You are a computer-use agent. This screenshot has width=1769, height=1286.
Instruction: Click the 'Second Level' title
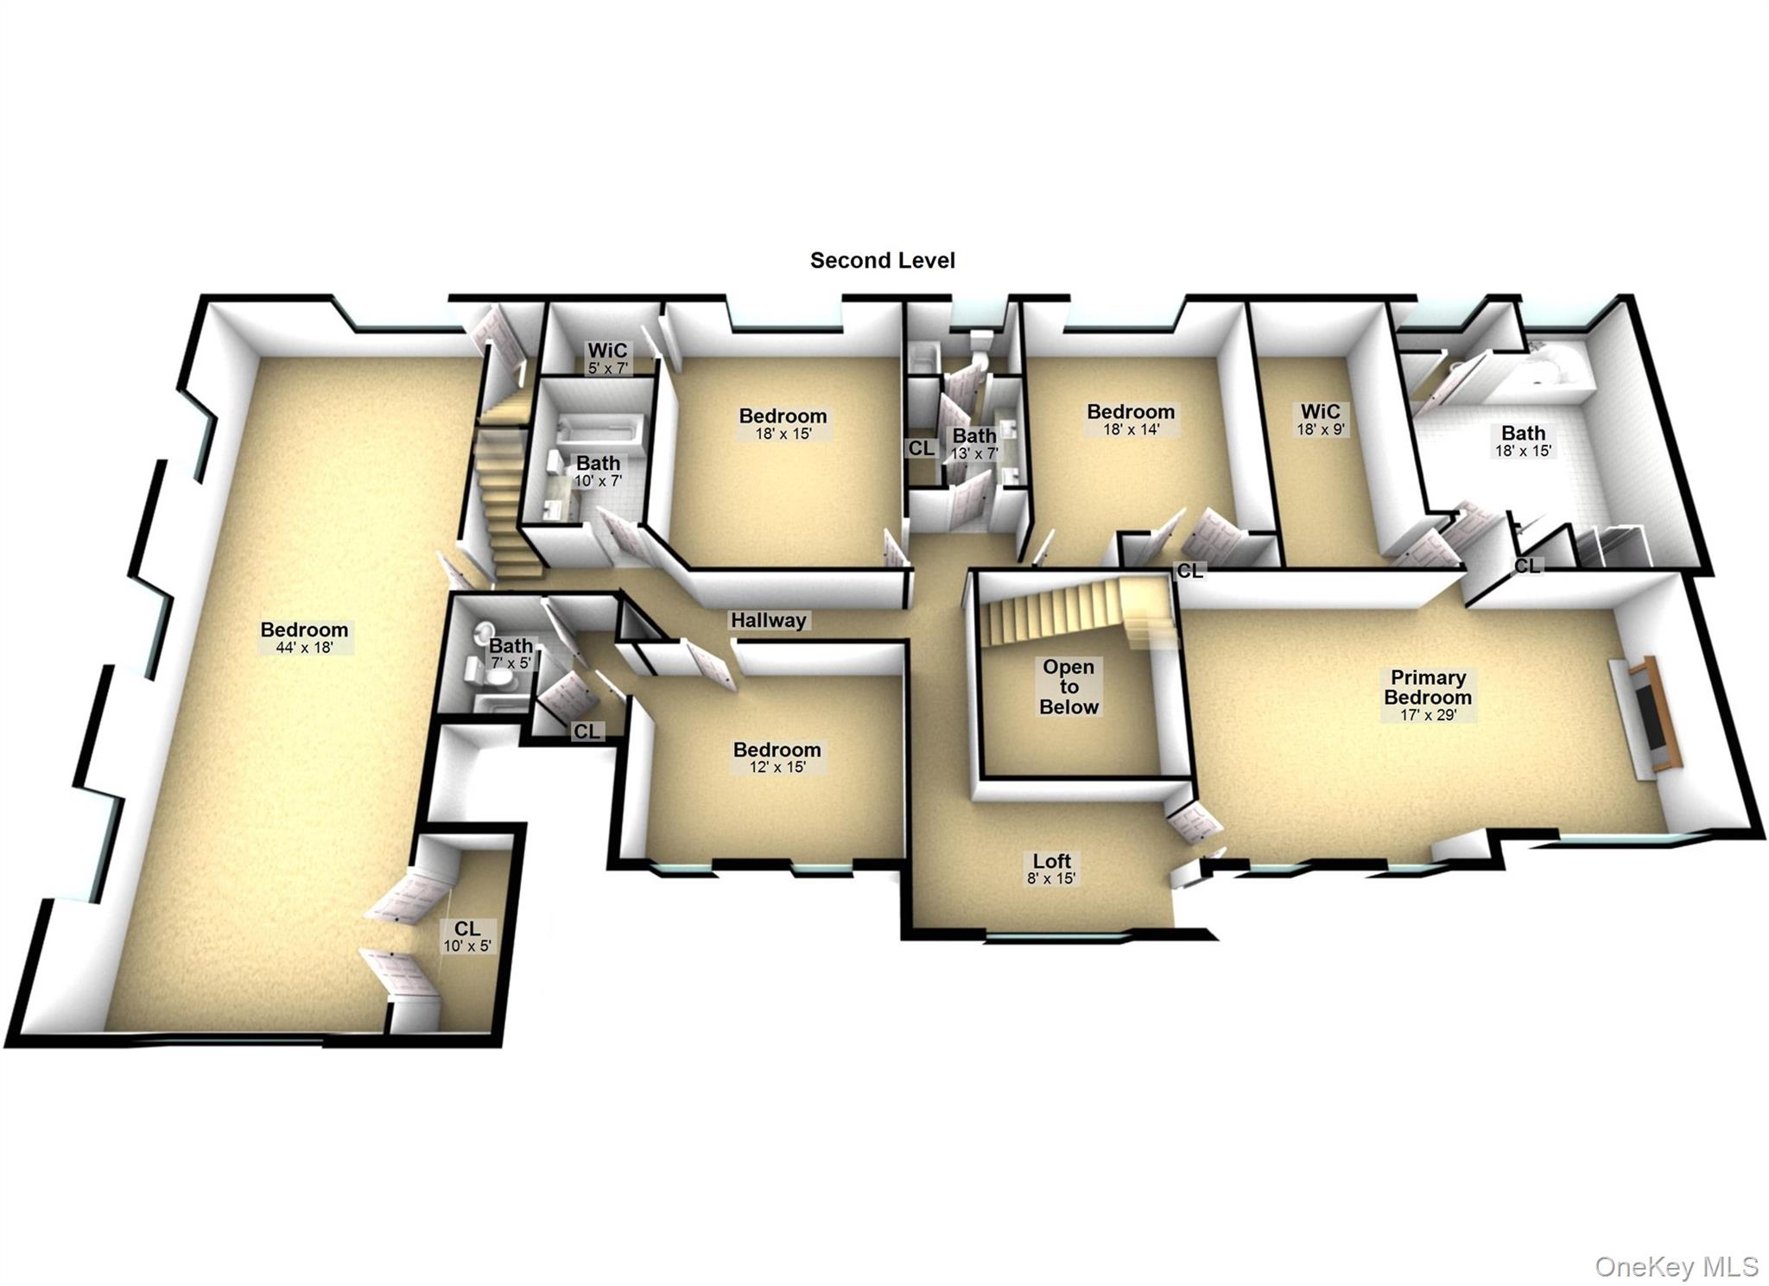[x=882, y=260]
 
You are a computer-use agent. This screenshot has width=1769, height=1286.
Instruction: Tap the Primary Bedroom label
[x=1428, y=688]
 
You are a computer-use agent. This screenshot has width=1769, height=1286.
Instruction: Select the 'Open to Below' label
[x=1068, y=687]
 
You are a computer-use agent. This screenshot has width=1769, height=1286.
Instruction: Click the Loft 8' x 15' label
[x=1051, y=869]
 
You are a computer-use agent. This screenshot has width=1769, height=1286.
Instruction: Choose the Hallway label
[x=768, y=620]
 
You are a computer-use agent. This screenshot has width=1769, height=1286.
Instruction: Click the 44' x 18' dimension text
[x=304, y=648]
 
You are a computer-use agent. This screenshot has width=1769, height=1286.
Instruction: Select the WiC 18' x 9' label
[x=1321, y=419]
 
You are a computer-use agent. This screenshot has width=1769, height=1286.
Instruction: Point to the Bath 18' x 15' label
[x=1523, y=440]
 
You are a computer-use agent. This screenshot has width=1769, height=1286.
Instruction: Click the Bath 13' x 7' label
[x=974, y=444]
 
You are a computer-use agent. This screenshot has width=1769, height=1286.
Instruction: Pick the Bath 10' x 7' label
[x=598, y=472]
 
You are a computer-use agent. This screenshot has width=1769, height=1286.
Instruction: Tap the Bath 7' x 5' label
[x=510, y=653]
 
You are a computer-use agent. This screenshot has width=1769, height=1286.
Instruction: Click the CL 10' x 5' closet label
[x=467, y=936]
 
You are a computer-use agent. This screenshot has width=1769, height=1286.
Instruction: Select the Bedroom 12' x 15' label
[x=777, y=757]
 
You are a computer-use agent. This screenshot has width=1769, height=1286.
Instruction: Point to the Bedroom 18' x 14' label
[x=1131, y=419]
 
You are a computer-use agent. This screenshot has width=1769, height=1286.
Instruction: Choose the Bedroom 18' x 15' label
[x=783, y=423]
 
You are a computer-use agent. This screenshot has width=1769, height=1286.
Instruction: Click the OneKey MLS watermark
[x=1676, y=1266]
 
